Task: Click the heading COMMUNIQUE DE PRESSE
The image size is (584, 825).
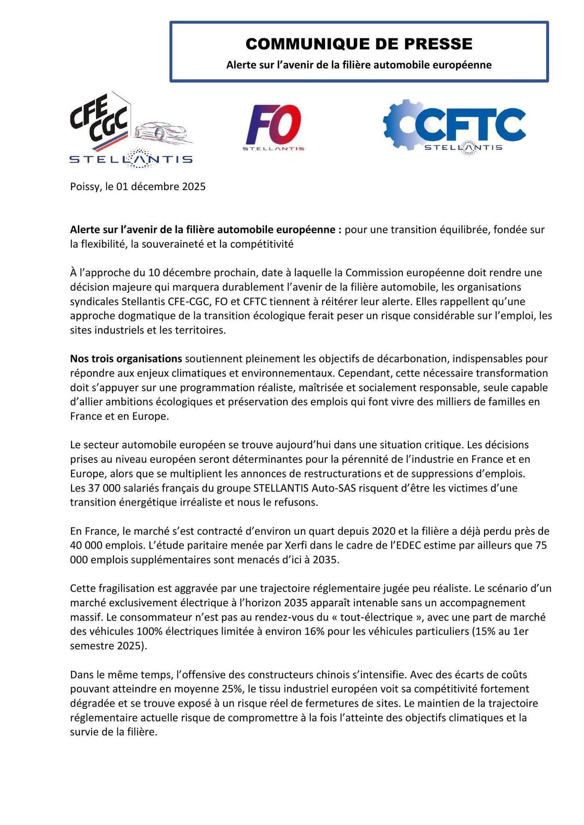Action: pyautogui.click(x=359, y=44)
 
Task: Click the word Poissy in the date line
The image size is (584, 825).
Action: pyautogui.click(x=83, y=187)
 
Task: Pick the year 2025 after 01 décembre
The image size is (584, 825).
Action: pyautogui.click(x=194, y=187)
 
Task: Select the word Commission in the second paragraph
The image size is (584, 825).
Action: pyautogui.click(x=369, y=273)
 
